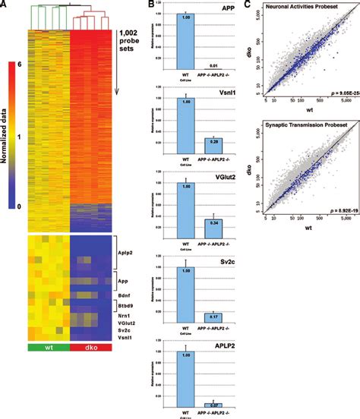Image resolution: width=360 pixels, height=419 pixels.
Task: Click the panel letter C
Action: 248,6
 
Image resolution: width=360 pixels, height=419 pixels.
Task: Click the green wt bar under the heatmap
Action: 48,348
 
